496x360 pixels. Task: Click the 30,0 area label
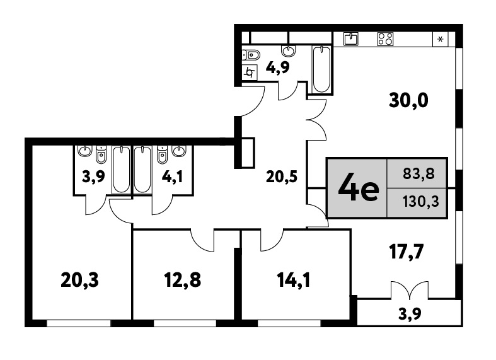pyautogui.click(x=408, y=101)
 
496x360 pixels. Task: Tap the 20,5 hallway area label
pyautogui.click(x=282, y=177)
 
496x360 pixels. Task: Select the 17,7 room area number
pyautogui.click(x=406, y=252)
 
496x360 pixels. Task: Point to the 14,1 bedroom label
pyautogui.click(x=294, y=281)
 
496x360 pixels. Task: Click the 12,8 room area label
pyautogui.click(x=183, y=281)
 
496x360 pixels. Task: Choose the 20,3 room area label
pyautogui.click(x=79, y=281)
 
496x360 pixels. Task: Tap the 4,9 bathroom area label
pyautogui.click(x=278, y=67)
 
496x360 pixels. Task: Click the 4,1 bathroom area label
pyautogui.click(x=172, y=177)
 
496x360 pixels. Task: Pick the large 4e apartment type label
pyautogui.click(x=359, y=189)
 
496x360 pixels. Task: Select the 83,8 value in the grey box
pyautogui.click(x=419, y=173)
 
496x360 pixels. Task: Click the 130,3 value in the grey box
pyautogui.click(x=421, y=202)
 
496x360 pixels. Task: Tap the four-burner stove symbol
pyautogui.click(x=385, y=39)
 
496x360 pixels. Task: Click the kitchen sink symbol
pyautogui.click(x=351, y=39)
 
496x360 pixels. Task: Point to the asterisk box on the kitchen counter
pyautogui.click(x=441, y=39)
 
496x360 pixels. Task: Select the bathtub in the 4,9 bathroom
pyautogui.click(x=321, y=70)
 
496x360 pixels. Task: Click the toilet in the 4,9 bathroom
pyautogui.click(x=251, y=55)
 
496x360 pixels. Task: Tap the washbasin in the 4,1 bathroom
pyautogui.click(x=180, y=151)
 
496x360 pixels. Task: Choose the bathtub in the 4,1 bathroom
pyautogui.click(x=142, y=170)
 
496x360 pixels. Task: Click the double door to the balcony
pyautogui.click(x=410, y=290)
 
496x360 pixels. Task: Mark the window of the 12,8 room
pyautogui.click(x=185, y=323)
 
